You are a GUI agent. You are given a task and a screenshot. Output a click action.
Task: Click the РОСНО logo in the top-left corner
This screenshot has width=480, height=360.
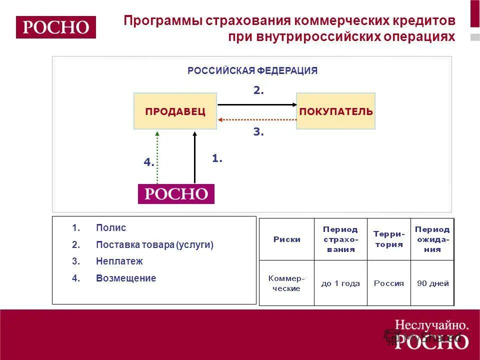point(55,27)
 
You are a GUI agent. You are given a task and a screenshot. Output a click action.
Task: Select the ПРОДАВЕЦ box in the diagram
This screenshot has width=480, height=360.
point(175,111)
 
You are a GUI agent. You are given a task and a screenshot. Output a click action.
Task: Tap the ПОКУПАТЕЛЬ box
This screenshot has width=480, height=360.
point(335,111)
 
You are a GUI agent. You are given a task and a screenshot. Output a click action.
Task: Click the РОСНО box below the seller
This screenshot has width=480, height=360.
point(176,194)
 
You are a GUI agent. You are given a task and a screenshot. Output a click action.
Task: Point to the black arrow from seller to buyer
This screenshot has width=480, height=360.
point(257,104)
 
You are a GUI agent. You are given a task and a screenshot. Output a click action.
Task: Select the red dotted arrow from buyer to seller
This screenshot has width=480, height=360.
point(257,120)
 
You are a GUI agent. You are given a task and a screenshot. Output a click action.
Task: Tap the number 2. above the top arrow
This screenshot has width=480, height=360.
point(258,91)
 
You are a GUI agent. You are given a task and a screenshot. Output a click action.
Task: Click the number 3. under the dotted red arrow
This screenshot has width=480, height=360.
point(258,132)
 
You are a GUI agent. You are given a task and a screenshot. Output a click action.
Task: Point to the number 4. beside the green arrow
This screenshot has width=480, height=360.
point(149,162)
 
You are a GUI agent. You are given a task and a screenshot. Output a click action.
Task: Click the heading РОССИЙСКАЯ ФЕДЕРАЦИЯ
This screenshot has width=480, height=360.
point(252,71)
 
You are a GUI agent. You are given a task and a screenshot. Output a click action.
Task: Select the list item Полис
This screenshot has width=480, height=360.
point(111,228)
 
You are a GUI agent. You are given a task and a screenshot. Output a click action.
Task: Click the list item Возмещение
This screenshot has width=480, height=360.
point(126,278)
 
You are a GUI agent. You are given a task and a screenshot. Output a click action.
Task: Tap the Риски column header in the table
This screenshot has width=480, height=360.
point(287,239)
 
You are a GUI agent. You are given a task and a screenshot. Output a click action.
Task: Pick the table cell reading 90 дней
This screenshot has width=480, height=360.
point(433,283)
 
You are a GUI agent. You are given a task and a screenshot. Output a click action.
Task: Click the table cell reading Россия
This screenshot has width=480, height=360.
point(389,283)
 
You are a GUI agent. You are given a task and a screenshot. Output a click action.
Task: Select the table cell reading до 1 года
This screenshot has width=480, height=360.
point(340,283)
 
